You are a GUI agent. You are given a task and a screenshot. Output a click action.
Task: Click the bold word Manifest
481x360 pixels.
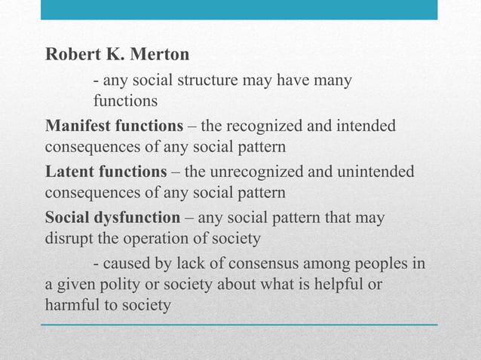(x=78, y=125)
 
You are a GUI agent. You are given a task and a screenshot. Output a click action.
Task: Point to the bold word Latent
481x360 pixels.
(x=69, y=172)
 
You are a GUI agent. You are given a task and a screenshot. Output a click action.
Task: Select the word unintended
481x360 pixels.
(x=374, y=172)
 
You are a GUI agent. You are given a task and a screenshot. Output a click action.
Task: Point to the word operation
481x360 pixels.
(x=156, y=239)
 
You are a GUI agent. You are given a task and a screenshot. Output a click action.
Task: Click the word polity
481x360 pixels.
(x=116, y=286)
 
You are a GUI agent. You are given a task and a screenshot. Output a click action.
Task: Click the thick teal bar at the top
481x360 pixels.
(x=239, y=9)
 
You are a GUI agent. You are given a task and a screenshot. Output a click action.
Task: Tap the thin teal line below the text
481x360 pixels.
(x=239, y=325)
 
